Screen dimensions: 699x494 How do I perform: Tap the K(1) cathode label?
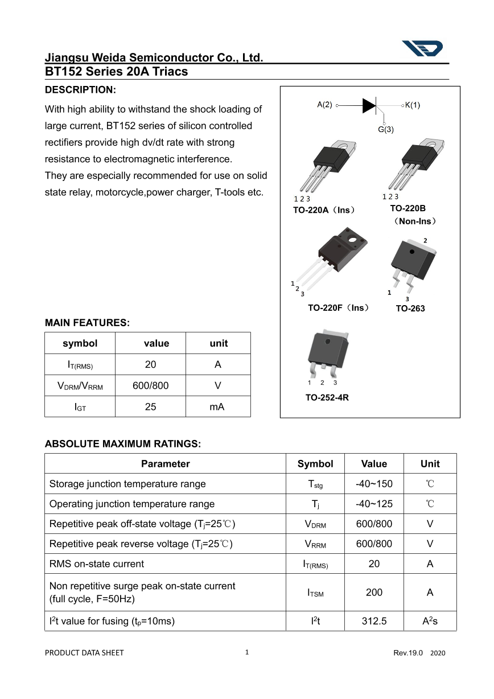413,105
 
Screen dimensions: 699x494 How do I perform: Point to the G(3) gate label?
386,130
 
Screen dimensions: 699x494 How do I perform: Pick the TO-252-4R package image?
327,352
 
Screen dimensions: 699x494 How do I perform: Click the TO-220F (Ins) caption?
338,308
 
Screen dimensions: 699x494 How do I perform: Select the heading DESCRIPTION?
80,90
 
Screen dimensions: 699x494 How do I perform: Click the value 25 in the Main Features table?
150,407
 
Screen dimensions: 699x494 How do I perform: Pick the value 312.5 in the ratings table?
374,621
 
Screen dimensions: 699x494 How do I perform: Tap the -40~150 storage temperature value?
374,484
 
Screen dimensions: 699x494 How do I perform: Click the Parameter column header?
165,464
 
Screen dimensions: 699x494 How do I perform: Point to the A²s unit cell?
430,621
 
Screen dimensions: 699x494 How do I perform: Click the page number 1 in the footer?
247,652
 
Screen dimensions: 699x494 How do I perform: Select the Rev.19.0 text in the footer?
408,653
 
